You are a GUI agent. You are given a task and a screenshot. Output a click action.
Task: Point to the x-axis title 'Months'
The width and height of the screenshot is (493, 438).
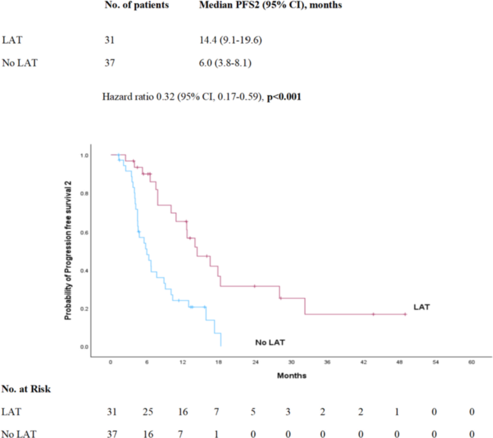click(291, 375)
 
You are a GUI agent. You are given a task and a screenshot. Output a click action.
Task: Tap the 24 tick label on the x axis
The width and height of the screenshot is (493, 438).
click(255, 362)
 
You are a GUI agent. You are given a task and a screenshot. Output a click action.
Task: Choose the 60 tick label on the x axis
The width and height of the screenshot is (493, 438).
click(471, 362)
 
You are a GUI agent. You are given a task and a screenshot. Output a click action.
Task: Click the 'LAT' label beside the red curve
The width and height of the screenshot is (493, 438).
click(421, 307)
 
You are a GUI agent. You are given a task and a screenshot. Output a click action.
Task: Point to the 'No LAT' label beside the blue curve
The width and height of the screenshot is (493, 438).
click(269, 343)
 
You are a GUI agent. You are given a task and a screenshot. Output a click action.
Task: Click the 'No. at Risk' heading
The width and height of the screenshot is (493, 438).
click(26, 388)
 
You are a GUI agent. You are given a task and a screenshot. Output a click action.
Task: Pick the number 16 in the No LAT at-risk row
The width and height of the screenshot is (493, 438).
click(147, 433)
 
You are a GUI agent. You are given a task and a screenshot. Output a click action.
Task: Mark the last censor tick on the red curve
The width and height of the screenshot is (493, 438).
click(405, 314)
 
